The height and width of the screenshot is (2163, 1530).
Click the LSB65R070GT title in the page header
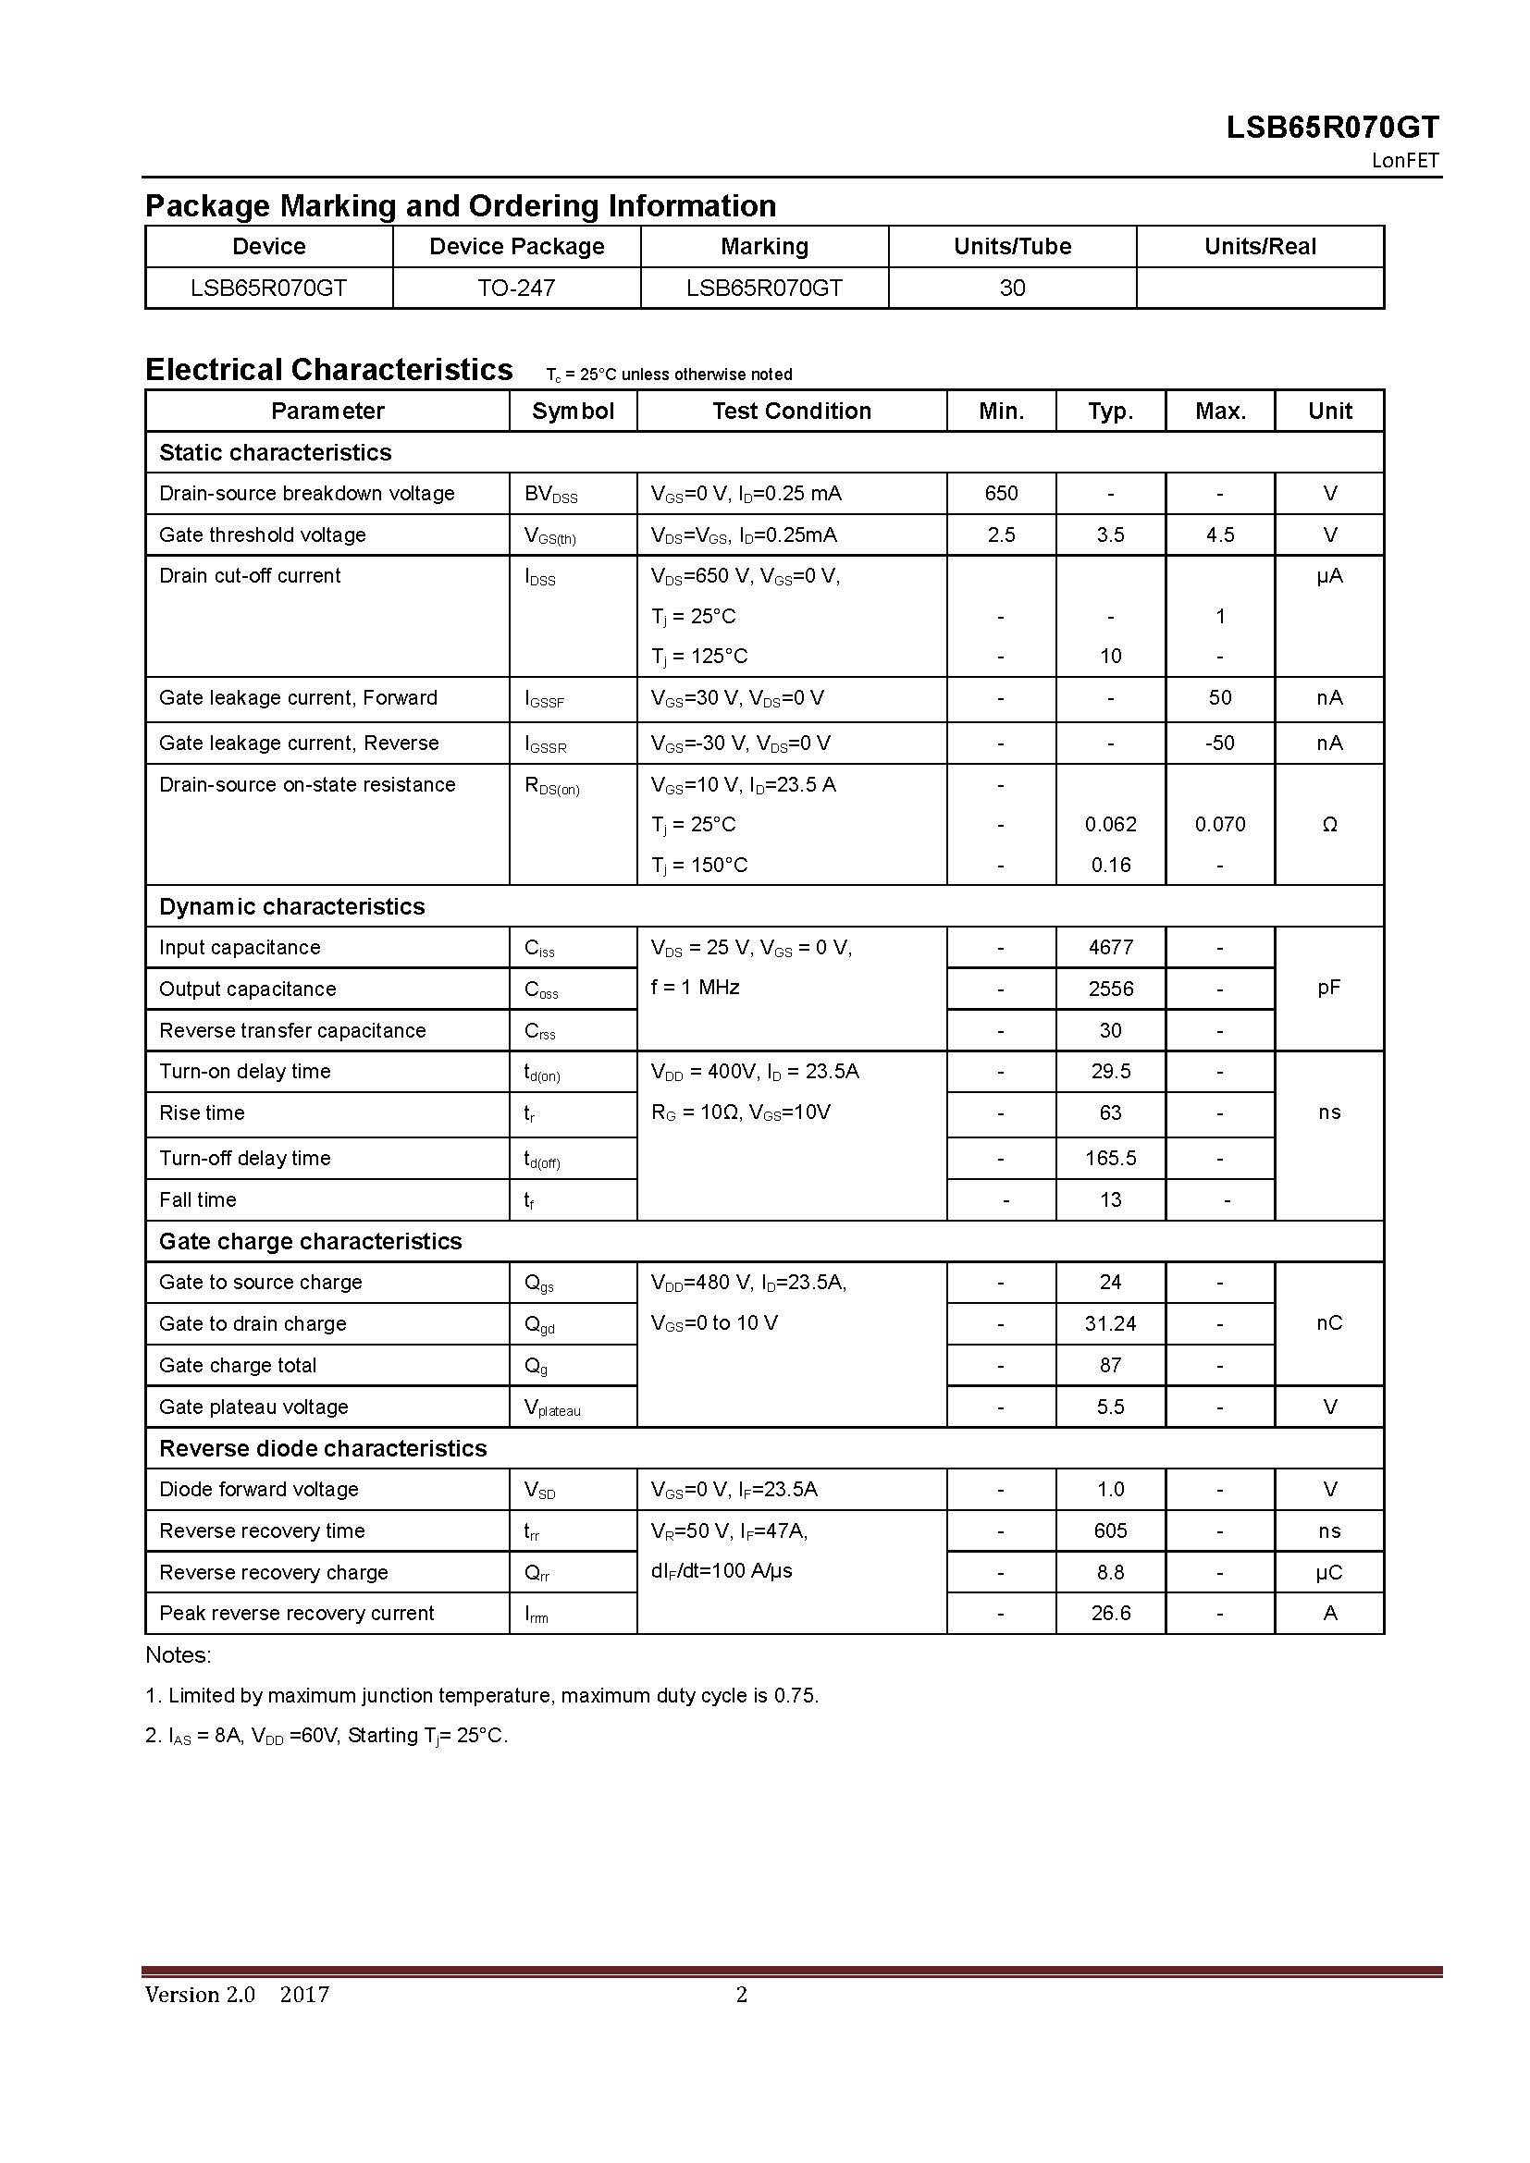coord(1332,128)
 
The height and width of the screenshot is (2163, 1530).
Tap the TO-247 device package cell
coord(515,288)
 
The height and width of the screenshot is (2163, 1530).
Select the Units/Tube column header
coord(1012,246)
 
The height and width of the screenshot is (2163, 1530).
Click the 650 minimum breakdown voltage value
coord(1001,493)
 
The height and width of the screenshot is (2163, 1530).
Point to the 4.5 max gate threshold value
coord(1219,535)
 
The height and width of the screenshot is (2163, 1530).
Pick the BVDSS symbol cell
coord(551,494)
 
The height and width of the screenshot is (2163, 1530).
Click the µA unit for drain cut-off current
coord(1329,574)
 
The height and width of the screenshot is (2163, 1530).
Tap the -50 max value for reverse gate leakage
coord(1219,743)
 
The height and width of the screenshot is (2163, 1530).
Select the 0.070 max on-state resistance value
coord(1220,824)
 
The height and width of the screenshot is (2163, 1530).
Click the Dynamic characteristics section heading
coord(292,906)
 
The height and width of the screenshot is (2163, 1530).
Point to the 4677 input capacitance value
coord(1111,947)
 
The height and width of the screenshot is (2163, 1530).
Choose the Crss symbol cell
coord(540,1030)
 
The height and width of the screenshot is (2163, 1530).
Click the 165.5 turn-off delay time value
coord(1111,1158)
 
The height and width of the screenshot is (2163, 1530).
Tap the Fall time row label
coord(198,1199)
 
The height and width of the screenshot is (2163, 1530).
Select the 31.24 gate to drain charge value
coord(1111,1323)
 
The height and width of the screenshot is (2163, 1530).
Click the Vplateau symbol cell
coord(552,1407)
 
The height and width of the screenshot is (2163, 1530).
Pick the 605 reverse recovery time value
coord(1111,1530)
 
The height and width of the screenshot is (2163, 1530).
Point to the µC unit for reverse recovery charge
coord(1329,1572)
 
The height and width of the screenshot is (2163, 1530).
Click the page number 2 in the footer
coord(742,1994)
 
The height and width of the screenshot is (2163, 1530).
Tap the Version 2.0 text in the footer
coord(200,1994)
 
